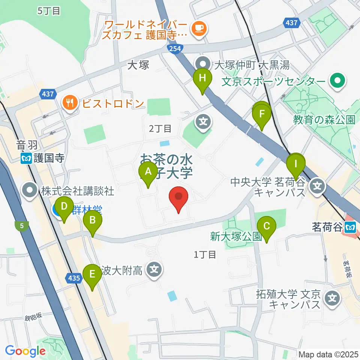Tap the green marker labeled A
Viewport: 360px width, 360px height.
pos(148,172)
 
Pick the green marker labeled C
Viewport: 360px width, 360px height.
pos(267,226)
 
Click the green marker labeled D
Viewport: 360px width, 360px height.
pos(64,207)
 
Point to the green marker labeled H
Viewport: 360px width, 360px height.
pos(202,79)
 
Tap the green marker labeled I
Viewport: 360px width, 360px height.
pos(296,164)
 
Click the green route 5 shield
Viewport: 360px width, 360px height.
pos(22,226)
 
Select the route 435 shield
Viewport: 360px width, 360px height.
pos(74,278)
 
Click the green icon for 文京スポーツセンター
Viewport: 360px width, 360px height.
pos(336,81)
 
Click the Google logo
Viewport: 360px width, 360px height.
pos(25,351)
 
